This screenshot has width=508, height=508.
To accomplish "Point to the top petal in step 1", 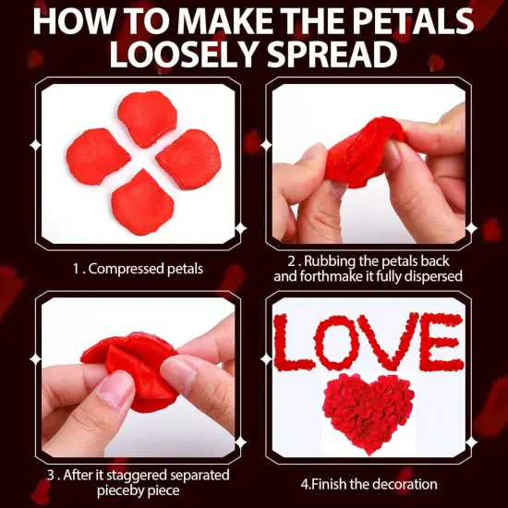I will (147, 118).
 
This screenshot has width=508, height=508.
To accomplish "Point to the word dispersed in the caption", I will (430, 275).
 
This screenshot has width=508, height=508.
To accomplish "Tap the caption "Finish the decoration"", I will (369, 484).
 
